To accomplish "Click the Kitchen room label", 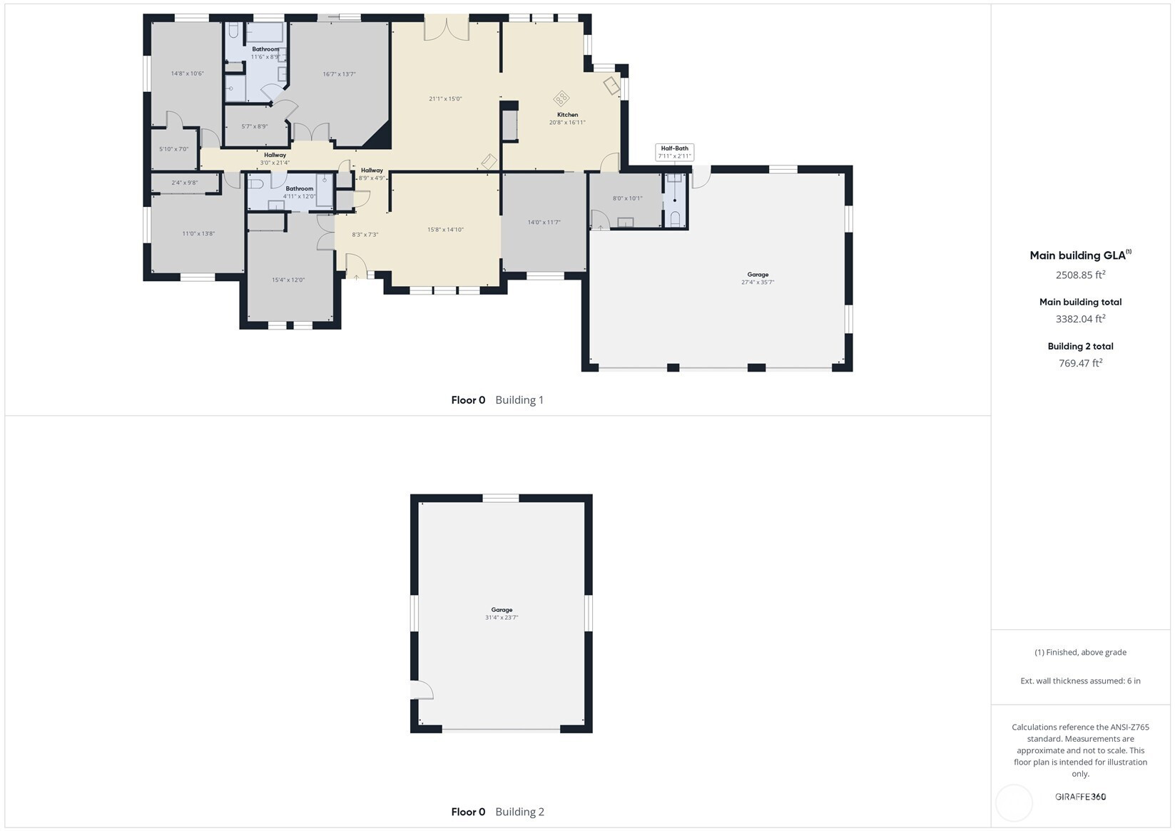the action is [x=568, y=114].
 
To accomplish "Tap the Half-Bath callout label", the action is [x=675, y=148].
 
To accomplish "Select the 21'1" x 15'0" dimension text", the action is [x=445, y=98].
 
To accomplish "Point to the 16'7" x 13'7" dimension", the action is [x=339, y=74].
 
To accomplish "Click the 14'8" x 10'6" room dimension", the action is [x=187, y=73].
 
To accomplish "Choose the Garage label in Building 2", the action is [x=502, y=610].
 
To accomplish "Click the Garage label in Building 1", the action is [x=758, y=275].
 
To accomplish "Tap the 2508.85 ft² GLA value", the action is [x=1081, y=275].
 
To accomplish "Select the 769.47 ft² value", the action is [x=1081, y=362].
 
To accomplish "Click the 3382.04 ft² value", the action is [x=1081, y=318].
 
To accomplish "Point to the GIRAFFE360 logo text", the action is [x=1081, y=796].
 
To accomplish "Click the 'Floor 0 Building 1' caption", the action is [x=497, y=399].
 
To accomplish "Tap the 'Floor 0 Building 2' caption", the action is [x=498, y=812].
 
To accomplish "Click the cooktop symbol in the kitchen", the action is [x=561, y=98].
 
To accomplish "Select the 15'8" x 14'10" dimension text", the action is [x=445, y=229].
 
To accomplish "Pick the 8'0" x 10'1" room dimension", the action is [x=627, y=198].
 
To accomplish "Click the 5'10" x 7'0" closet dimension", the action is [x=173, y=149].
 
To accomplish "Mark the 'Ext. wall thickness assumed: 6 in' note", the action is [x=1081, y=680].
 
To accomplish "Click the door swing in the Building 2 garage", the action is [x=423, y=690].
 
